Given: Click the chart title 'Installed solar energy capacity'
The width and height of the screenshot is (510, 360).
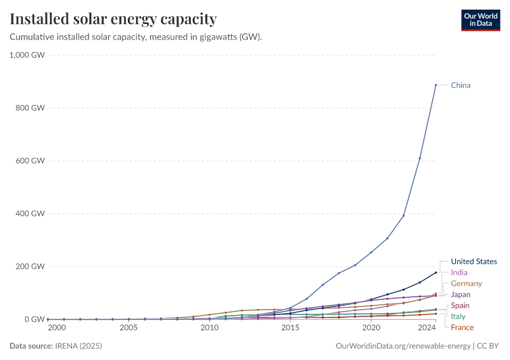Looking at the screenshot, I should coord(113,19).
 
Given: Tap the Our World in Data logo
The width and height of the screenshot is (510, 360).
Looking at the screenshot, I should coord(481,20).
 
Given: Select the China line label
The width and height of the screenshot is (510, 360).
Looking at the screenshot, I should coord(461,85).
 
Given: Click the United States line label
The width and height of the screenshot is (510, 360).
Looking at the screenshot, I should coord(474,262).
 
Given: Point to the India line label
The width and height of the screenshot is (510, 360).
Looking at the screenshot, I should coord(459,272).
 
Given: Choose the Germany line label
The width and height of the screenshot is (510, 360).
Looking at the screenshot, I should coord(466,283).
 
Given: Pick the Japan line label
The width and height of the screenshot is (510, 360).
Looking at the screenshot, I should coord(461,295).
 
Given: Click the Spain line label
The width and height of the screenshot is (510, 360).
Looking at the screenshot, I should coord(460,306).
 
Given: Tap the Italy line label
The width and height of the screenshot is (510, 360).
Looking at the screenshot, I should coord(458,316).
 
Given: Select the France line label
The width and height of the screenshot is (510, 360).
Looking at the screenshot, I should coord(462,328).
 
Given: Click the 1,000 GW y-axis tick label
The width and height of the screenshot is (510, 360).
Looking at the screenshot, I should coord(27,55).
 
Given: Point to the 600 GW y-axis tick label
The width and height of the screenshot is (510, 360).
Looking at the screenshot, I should coord(30,161).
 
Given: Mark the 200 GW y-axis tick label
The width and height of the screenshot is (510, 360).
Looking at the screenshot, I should coord(30,266).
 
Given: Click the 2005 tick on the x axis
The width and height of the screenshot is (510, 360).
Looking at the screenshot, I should coord(128,328).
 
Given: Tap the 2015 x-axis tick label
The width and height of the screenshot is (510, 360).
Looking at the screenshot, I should coord(290,328).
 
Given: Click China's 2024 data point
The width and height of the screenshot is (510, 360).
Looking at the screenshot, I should coord(436,85).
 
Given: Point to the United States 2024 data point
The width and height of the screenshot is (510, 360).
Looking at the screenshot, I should coord(436,272).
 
